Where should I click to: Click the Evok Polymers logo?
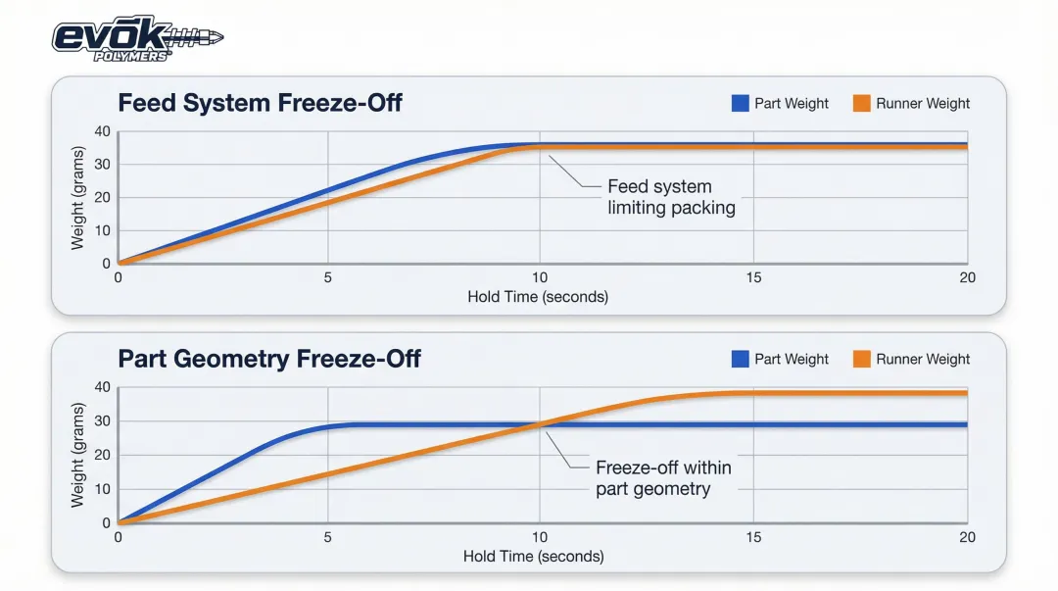coord(137,39)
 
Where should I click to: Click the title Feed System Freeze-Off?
coord(260,103)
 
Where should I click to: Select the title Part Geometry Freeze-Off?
coord(269,359)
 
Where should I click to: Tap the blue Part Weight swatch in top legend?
coord(741,103)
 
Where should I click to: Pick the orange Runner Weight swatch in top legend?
coord(862,103)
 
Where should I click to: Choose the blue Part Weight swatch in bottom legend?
coord(741,359)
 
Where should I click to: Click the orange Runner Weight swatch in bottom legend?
coord(862,359)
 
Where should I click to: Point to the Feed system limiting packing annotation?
coord(671,197)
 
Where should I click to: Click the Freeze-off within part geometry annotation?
coord(663,477)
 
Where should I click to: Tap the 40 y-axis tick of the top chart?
coord(102,132)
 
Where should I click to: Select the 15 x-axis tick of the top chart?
coord(752,278)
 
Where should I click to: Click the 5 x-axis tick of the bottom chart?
coord(327,538)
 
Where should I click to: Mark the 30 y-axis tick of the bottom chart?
coord(102,421)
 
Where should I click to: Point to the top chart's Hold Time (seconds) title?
coord(538,296)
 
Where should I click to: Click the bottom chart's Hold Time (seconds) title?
coord(534,557)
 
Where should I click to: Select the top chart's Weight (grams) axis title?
coord(78,197)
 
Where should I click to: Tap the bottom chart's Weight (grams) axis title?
coord(78,455)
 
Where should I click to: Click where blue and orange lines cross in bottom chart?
coord(540,424)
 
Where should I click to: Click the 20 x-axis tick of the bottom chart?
coord(967,538)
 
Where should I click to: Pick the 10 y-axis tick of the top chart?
coord(102,230)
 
